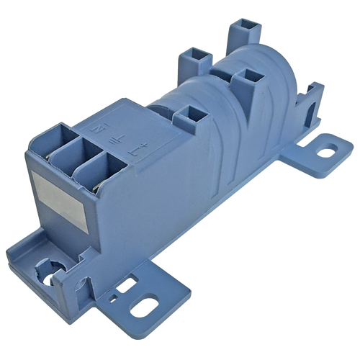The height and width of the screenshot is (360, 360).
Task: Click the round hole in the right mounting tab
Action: (323, 153)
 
